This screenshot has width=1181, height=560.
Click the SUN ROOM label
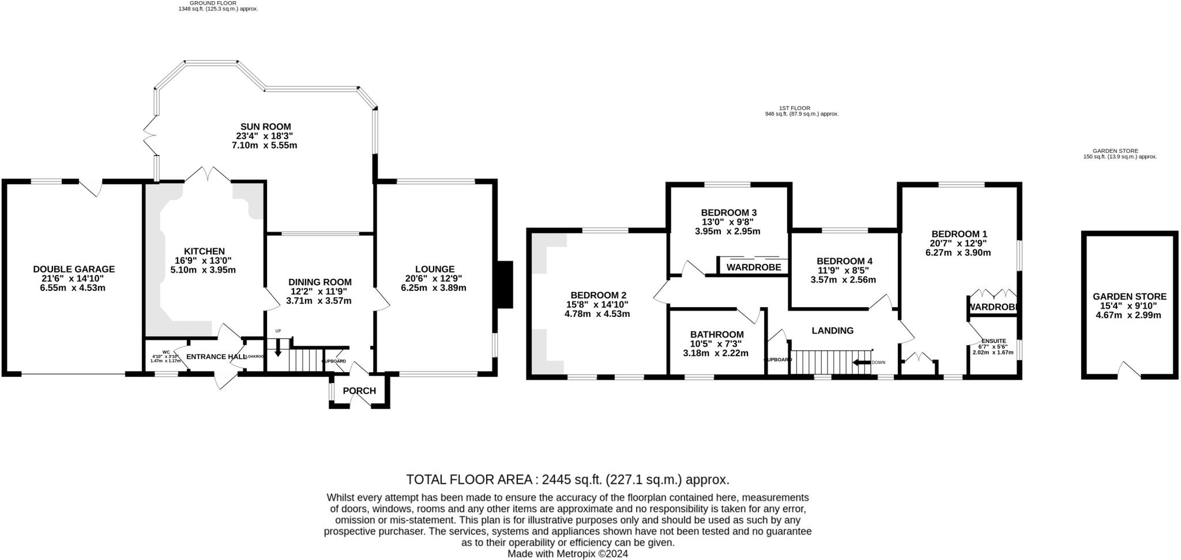(265, 127)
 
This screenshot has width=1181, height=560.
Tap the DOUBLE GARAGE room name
(74, 269)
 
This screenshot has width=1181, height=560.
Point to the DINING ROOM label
(320, 282)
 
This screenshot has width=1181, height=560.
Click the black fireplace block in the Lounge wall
(505, 285)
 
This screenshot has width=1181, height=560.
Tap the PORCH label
(359, 391)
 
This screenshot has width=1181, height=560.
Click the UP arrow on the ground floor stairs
(278, 347)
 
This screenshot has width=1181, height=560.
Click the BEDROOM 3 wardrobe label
(754, 267)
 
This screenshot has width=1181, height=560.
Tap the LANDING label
(832, 331)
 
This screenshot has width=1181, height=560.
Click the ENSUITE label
(993, 340)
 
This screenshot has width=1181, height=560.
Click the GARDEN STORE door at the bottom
(1129, 370)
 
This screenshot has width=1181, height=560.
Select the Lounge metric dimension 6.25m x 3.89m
(434, 287)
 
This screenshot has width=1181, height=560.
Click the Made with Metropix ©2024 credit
(567, 554)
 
